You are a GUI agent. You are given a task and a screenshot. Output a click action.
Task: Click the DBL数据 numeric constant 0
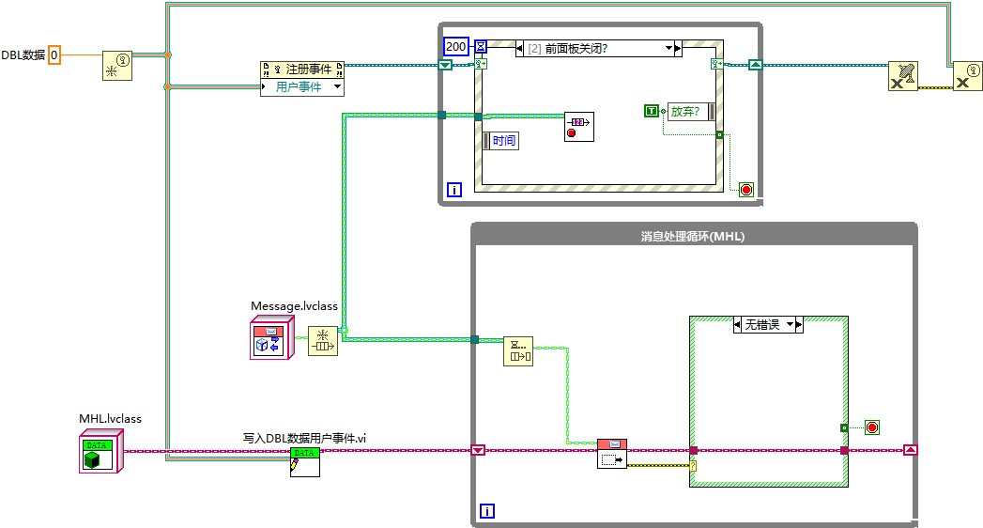(54, 54)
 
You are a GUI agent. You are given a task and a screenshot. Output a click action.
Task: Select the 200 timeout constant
(455, 46)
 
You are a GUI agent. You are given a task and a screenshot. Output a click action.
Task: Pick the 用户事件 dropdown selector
(302, 87)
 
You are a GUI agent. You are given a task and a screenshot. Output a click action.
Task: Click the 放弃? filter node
(691, 111)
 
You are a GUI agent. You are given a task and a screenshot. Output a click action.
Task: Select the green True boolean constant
(653, 111)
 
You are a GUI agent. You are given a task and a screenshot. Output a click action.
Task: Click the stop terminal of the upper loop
(746, 189)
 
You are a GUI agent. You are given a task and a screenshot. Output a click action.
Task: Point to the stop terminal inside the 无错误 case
(872, 427)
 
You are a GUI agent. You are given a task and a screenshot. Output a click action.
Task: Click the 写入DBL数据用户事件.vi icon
(304, 461)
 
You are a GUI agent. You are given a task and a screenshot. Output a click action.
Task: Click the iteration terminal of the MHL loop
(487, 511)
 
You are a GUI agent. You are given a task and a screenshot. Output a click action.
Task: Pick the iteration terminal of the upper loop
(455, 189)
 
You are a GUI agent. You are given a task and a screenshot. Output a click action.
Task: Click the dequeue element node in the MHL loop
(518, 350)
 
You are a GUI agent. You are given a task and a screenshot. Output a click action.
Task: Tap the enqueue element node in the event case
(578, 126)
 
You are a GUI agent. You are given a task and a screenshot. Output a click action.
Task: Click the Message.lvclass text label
(294, 305)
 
